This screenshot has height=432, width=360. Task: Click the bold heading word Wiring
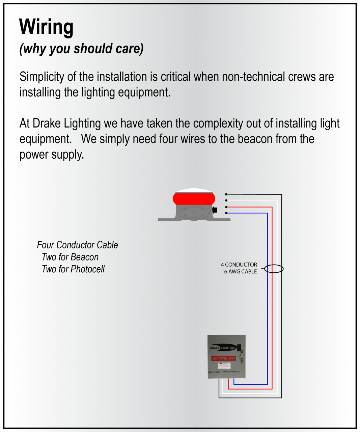coord(46,27)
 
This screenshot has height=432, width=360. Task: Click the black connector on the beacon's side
coord(215,210)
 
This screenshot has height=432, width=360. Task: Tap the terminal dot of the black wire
coord(226,194)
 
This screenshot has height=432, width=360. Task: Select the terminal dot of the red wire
coord(226,207)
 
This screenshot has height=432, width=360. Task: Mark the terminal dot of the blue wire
coord(226,213)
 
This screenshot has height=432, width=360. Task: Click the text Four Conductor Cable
coord(77,245)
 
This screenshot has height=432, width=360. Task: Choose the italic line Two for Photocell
coord(73,269)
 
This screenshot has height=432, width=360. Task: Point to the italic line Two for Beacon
coord(70,257)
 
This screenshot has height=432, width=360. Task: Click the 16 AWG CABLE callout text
coord(239,271)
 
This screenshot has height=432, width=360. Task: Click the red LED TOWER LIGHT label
coord(223,358)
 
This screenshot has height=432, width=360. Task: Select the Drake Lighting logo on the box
coord(222,348)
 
